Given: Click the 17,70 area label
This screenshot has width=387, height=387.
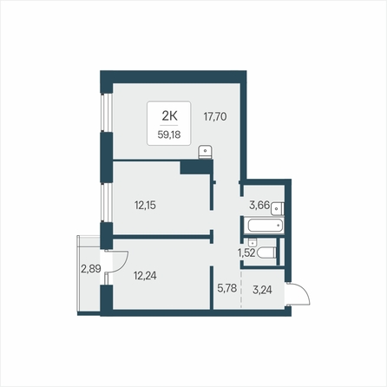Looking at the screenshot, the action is [x=215, y=117].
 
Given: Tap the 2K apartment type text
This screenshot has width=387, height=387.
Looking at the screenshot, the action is [x=169, y=116].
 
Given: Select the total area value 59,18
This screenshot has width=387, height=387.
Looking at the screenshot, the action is [x=169, y=134].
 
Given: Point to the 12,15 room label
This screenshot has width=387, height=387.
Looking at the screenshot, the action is [x=145, y=206].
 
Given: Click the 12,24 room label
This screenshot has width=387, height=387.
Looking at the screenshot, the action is [x=145, y=276].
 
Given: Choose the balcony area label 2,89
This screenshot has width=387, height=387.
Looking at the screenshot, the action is [x=91, y=269].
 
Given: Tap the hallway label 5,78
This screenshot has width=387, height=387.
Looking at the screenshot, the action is [x=227, y=288].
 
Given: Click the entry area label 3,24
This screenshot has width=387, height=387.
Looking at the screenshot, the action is [x=262, y=290].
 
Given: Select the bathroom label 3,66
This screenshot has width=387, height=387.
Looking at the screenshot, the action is [x=259, y=206].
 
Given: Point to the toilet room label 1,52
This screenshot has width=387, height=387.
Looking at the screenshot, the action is [x=246, y=253].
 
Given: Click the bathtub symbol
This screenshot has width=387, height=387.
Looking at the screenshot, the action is [x=264, y=226].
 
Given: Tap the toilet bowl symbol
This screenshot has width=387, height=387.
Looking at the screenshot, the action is [x=266, y=253].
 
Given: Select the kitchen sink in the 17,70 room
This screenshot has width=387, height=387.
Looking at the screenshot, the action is [x=206, y=153].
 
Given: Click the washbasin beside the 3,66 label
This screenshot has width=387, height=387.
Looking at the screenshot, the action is [x=278, y=208].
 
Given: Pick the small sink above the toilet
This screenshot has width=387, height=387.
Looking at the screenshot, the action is [x=253, y=242].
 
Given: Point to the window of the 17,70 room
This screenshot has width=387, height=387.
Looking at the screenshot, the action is [x=106, y=113].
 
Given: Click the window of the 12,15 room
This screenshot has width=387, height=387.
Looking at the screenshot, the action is [x=106, y=202].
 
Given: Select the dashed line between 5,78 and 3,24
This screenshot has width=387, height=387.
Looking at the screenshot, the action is [x=240, y=289].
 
